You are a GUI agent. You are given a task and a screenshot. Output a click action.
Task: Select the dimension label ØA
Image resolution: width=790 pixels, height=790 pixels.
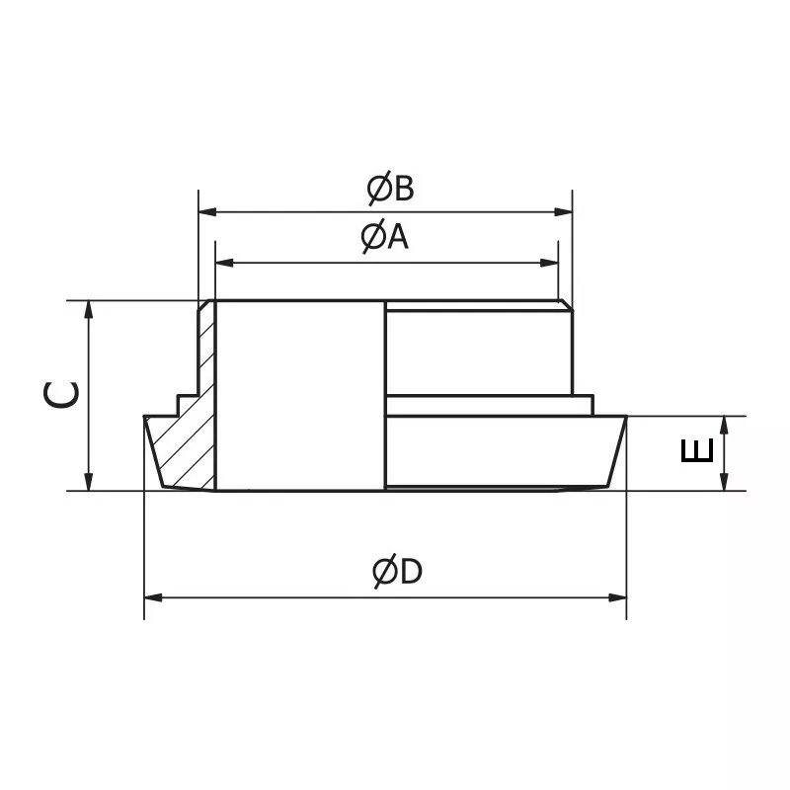[x=383, y=238]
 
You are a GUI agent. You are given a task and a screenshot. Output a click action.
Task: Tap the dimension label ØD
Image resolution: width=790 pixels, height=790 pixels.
[x=397, y=572]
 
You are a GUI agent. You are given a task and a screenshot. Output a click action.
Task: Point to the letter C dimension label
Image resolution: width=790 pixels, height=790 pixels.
[x=61, y=395]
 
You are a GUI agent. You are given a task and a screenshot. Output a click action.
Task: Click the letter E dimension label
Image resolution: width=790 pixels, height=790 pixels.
[x=697, y=452]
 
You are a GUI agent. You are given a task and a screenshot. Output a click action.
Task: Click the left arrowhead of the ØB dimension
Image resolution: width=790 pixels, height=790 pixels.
[x=206, y=210]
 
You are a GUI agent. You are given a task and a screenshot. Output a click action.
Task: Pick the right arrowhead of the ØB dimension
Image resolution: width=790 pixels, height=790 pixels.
[x=565, y=210]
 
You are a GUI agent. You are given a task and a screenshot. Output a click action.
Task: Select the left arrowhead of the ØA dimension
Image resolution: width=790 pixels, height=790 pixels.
[x=223, y=262]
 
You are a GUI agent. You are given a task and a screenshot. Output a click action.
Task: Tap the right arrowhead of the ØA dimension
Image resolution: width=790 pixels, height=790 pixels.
[x=551, y=262]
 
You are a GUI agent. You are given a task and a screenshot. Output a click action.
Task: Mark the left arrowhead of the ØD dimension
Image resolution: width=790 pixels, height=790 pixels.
[x=152, y=596]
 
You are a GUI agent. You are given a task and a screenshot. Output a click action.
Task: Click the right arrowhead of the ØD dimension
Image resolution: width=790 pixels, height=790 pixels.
[x=619, y=596]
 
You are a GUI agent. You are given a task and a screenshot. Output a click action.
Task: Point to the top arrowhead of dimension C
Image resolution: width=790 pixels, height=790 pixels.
[x=89, y=309]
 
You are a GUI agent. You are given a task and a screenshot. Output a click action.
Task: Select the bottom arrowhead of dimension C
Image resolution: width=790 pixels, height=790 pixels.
[x=89, y=481]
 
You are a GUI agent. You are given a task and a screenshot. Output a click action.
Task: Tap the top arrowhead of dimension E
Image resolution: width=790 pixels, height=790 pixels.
[x=724, y=424]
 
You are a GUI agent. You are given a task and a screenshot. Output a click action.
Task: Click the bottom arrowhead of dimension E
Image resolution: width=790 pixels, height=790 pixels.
[x=724, y=482]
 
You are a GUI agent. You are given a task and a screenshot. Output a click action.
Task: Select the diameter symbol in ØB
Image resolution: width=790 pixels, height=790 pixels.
[x=377, y=189]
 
